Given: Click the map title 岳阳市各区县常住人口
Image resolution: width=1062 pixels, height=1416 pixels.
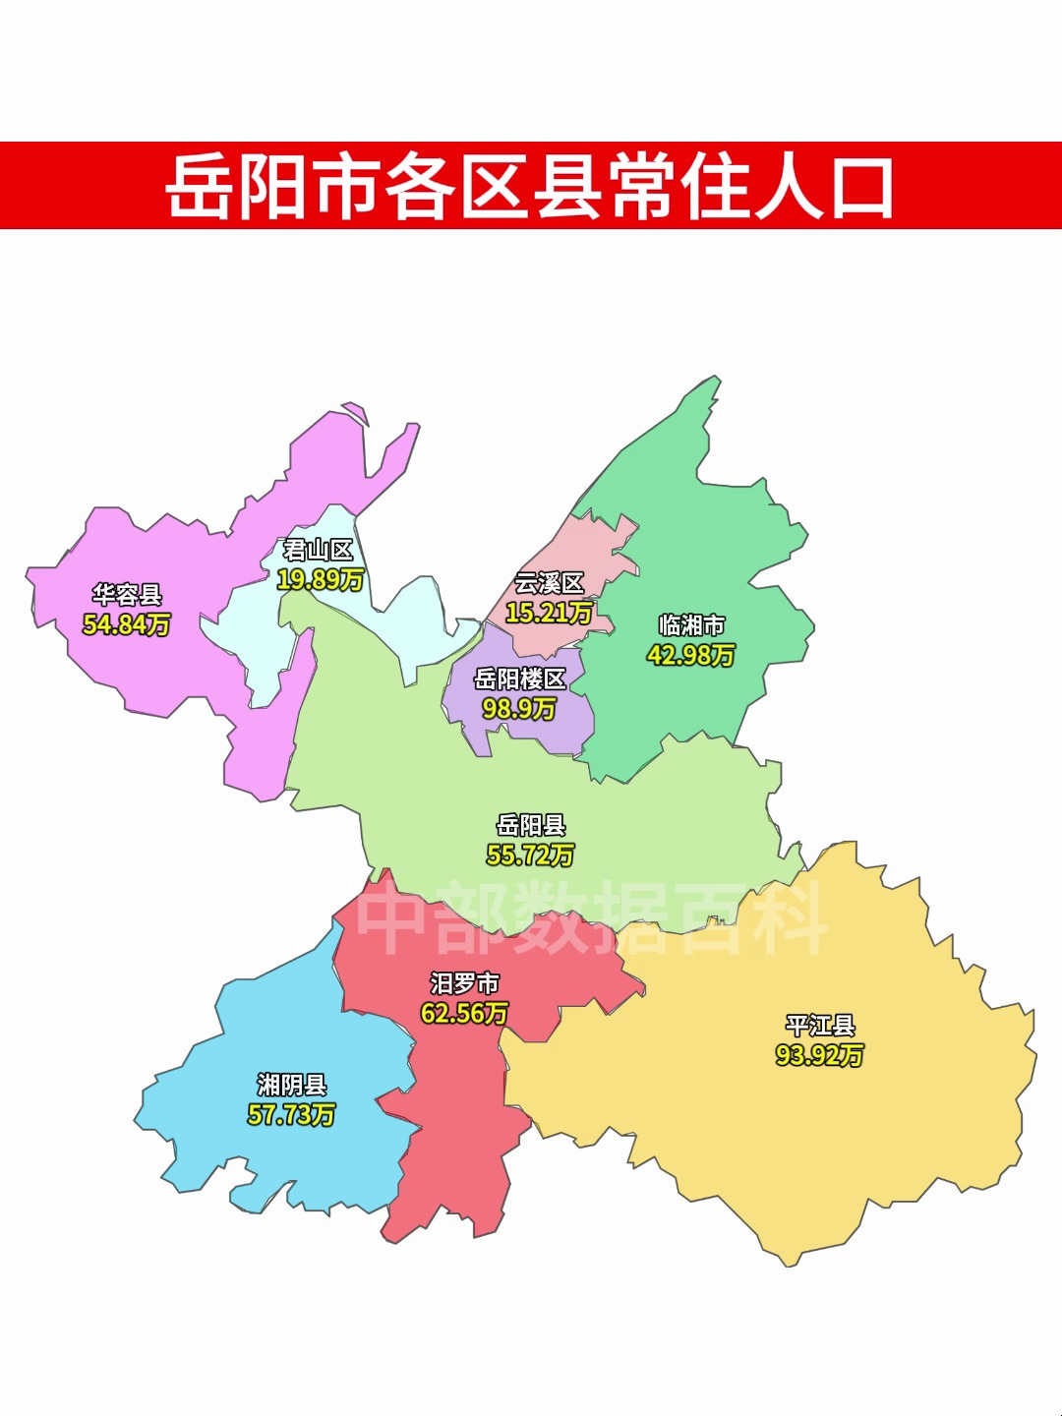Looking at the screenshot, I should (530, 186).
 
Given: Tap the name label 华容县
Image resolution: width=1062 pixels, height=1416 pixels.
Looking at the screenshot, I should (127, 594).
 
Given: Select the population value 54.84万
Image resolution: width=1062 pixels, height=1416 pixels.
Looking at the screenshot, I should (127, 623).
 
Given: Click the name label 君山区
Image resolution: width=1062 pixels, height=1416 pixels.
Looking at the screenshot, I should (318, 550).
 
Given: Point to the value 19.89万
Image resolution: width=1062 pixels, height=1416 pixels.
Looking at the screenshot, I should (320, 579).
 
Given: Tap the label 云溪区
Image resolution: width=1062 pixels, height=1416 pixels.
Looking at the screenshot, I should (549, 583).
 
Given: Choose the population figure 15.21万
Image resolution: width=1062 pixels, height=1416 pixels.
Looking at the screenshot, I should (549, 613).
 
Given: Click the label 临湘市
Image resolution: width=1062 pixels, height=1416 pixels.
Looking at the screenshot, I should (691, 625).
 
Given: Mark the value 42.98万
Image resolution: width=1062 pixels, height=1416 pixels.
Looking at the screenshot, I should (691, 655).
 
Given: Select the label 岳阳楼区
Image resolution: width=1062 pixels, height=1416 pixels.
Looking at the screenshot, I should (520, 678).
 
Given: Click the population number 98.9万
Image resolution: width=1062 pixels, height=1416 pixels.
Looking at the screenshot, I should (519, 708).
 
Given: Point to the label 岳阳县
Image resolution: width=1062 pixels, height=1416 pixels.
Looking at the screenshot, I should (531, 825).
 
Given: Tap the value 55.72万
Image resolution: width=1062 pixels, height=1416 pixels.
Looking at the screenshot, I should (531, 855).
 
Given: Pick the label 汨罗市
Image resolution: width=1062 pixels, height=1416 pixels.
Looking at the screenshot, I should (464, 982).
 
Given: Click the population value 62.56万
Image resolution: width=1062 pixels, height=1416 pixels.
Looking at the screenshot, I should (464, 1012).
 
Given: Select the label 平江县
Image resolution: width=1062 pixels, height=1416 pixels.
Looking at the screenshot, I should (820, 1026).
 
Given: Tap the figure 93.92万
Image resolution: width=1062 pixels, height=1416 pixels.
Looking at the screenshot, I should (820, 1055).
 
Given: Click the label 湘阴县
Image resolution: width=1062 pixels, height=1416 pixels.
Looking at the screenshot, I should (292, 1085).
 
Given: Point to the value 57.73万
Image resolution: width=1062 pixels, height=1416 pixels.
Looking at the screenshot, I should (292, 1114).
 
